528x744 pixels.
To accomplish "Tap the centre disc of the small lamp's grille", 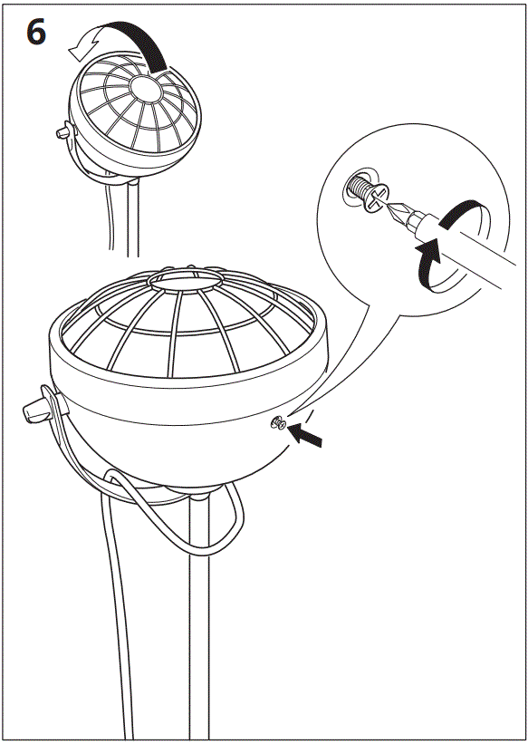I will point(145,88).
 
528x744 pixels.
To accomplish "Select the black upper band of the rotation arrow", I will point(457,212).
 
